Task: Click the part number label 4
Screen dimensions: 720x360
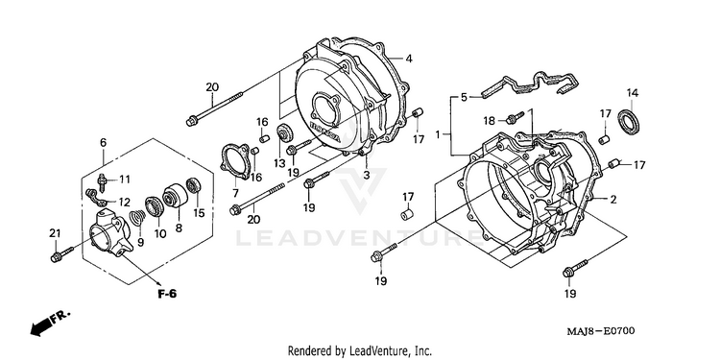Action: [408, 59]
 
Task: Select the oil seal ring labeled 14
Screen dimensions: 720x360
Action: [629, 122]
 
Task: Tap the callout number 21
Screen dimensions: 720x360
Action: [55, 233]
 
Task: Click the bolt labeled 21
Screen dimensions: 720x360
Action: [62, 254]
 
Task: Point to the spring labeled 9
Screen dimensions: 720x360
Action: [137, 218]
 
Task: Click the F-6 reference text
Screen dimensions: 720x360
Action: [167, 294]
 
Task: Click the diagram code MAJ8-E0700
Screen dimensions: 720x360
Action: [600, 330]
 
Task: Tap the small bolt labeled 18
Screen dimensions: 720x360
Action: [515, 117]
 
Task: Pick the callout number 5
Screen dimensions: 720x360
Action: [464, 97]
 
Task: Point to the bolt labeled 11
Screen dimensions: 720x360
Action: [102, 182]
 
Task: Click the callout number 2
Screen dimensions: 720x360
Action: [613, 200]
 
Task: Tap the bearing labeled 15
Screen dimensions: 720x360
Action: [193, 186]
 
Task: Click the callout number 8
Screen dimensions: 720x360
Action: [179, 228]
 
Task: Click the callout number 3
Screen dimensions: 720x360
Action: [367, 175]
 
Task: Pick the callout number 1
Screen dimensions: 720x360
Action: [438, 134]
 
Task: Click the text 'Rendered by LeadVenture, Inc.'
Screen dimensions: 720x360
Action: [360, 351]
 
